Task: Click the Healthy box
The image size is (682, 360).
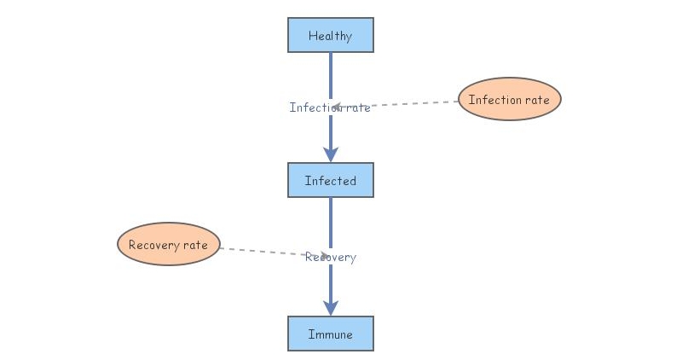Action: (330, 36)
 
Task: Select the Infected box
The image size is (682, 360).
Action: (330, 181)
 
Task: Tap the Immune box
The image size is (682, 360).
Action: (330, 334)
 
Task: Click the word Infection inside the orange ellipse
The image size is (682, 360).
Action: (494, 100)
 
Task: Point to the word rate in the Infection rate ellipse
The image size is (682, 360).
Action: (536, 100)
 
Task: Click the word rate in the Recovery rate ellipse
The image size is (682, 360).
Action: (195, 246)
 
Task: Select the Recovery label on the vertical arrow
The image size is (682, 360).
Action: (331, 257)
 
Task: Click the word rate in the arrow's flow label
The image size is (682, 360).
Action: (357, 107)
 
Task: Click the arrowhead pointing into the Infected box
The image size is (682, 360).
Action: (331, 154)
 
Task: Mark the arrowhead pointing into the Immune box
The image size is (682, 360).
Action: (331, 307)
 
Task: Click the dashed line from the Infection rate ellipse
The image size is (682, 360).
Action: (409, 104)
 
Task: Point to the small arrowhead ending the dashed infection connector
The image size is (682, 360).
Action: (336, 107)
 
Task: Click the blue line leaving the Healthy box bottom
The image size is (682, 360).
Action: (331, 73)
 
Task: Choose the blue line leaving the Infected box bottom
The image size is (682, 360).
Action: (331, 222)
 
